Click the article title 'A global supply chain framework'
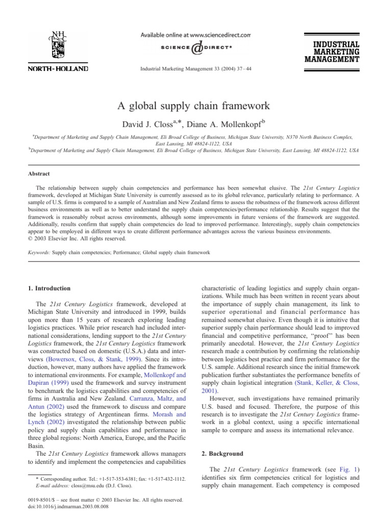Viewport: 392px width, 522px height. pyautogui.click(x=196, y=107)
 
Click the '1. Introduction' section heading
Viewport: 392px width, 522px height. pyautogui.click(x=50, y=289)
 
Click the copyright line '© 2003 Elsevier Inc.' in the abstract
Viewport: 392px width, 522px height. pyautogui.click(x=74, y=239)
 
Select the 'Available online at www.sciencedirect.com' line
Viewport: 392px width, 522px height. pyautogui.click(x=196, y=35)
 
